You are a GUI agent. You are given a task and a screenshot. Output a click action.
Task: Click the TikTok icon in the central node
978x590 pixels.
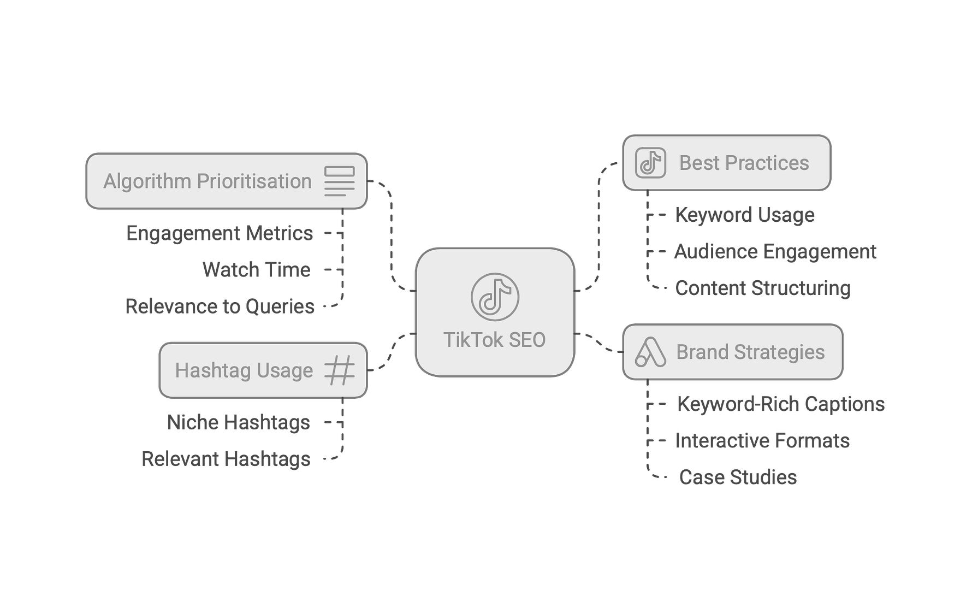495,297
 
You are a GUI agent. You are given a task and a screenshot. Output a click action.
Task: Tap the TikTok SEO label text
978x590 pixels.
494,340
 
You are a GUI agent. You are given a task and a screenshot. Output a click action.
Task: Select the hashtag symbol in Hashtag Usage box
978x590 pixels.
340,370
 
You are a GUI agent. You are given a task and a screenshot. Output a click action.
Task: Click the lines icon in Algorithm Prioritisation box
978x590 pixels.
340,181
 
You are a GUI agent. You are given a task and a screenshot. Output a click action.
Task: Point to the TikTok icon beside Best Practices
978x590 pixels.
650,163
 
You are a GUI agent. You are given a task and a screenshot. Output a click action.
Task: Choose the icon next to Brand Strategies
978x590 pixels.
650,352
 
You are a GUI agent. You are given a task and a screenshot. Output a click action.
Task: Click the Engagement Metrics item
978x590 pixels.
220,233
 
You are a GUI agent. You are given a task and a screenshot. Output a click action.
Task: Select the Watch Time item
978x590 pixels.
256,270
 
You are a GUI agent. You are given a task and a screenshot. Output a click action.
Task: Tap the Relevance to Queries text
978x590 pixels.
220,306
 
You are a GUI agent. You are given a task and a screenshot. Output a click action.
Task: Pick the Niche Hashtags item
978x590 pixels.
239,422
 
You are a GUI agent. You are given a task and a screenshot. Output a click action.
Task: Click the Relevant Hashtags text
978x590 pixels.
226,459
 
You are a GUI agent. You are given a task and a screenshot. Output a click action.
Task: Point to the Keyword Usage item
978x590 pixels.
745,215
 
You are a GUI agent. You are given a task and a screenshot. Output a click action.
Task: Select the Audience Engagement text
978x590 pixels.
775,252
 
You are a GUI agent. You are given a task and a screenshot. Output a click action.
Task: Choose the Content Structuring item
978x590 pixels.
763,288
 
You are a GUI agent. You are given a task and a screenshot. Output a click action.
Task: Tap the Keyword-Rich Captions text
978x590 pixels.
781,404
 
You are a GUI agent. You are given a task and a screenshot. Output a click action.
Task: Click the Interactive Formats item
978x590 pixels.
762,441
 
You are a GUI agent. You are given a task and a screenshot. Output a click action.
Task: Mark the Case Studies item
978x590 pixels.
738,477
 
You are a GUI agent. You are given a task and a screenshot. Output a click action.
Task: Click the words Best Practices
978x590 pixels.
744,163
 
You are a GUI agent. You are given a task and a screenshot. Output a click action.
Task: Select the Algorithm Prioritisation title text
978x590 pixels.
208,181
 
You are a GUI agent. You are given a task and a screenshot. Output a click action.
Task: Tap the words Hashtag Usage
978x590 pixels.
244,370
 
